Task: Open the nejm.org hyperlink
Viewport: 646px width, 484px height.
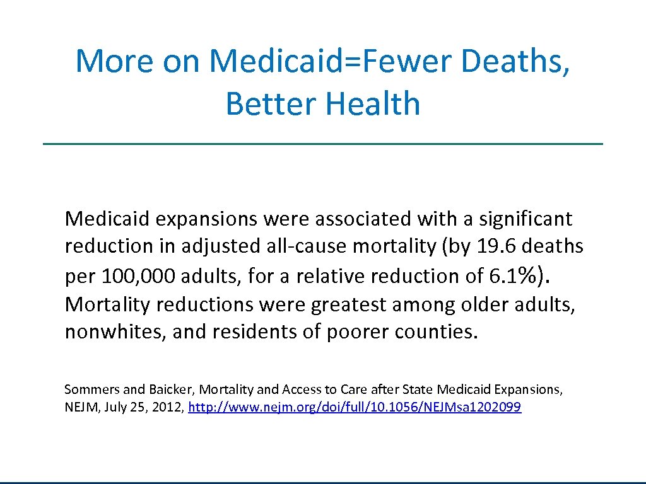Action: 355,408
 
